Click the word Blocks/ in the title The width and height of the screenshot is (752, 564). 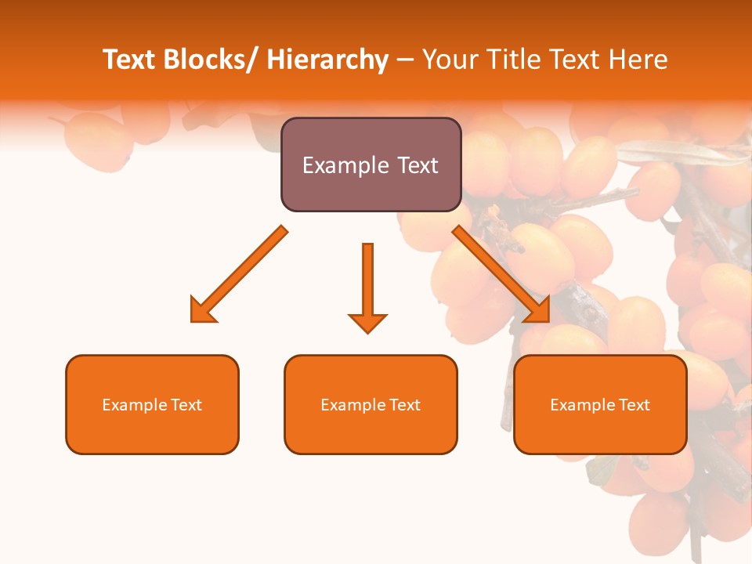(206, 60)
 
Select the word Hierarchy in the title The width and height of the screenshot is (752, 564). (327, 60)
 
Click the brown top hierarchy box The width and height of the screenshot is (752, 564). (371, 164)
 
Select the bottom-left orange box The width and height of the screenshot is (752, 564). (152, 404)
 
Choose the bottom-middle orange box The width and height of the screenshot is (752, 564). (371, 404)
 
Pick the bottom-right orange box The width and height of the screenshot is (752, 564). (600, 404)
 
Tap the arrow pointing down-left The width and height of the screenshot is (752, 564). (240, 274)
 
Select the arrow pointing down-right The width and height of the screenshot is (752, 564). (501, 274)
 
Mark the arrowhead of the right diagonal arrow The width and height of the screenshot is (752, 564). (539, 311)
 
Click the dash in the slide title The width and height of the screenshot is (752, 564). (405, 60)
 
